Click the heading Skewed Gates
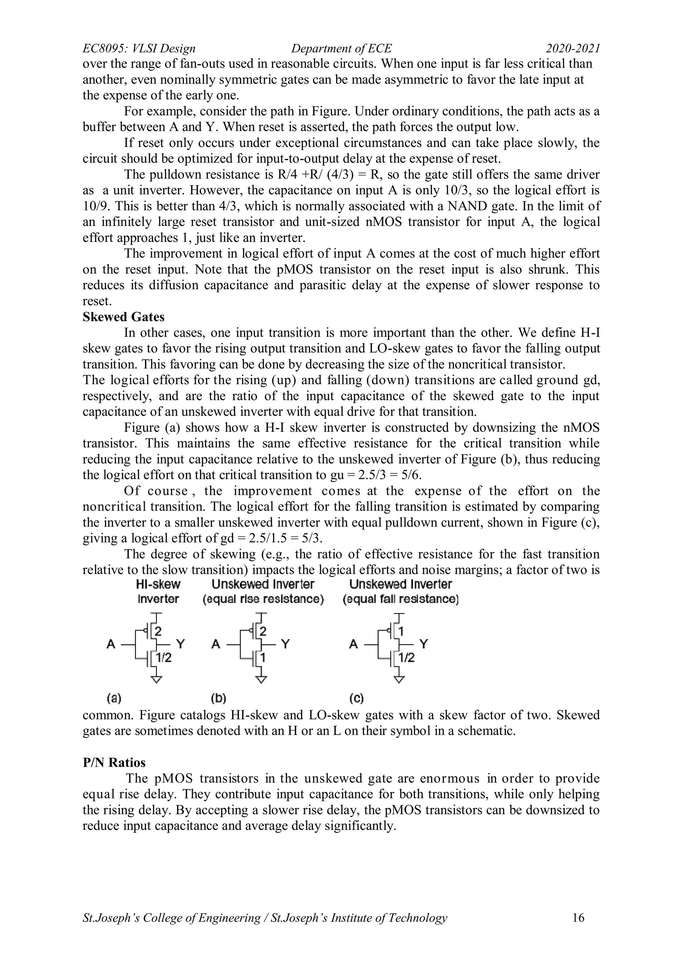123,317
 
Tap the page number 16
578,929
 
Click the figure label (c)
356,698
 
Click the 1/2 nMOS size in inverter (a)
164,658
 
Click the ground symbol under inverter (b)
261,680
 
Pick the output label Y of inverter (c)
424,644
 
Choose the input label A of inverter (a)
111,644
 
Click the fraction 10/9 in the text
95,206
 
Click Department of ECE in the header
341,49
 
